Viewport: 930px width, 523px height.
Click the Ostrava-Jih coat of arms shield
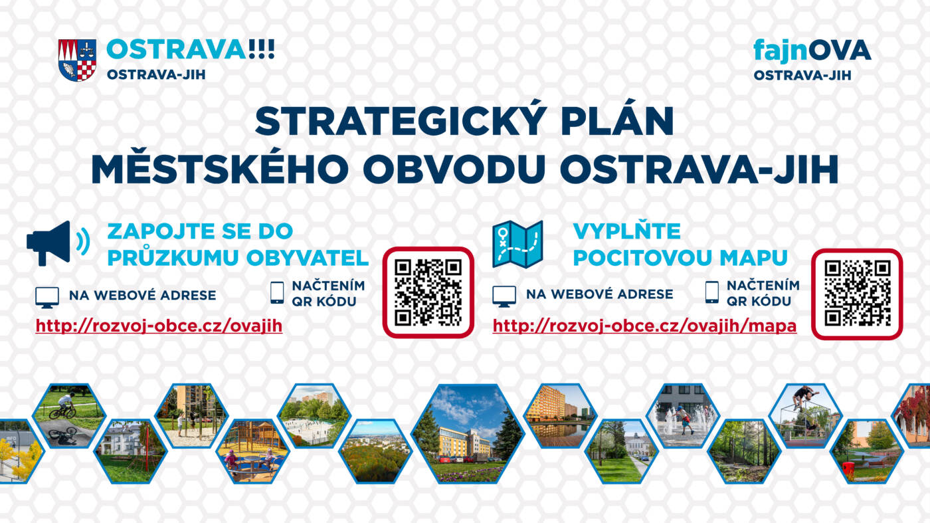[77, 60]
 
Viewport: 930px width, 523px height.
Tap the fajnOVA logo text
[812, 52]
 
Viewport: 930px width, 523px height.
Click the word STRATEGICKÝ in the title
[399, 121]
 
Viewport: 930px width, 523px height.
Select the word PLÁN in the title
[618, 121]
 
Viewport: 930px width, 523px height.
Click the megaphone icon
[58, 243]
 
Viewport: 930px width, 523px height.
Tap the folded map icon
[517, 245]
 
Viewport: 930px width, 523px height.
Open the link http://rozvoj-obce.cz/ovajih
[159, 326]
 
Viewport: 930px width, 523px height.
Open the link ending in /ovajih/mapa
[644, 326]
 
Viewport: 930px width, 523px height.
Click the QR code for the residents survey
[428, 292]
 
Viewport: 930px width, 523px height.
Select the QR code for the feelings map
[858, 294]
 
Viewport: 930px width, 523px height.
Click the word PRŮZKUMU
[173, 257]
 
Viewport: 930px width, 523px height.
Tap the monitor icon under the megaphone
[47, 297]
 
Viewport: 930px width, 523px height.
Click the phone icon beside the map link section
[711, 292]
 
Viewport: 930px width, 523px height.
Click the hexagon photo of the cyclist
[69, 416]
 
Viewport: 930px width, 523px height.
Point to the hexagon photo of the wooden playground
[253, 451]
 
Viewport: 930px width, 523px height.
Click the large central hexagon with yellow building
[468, 434]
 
